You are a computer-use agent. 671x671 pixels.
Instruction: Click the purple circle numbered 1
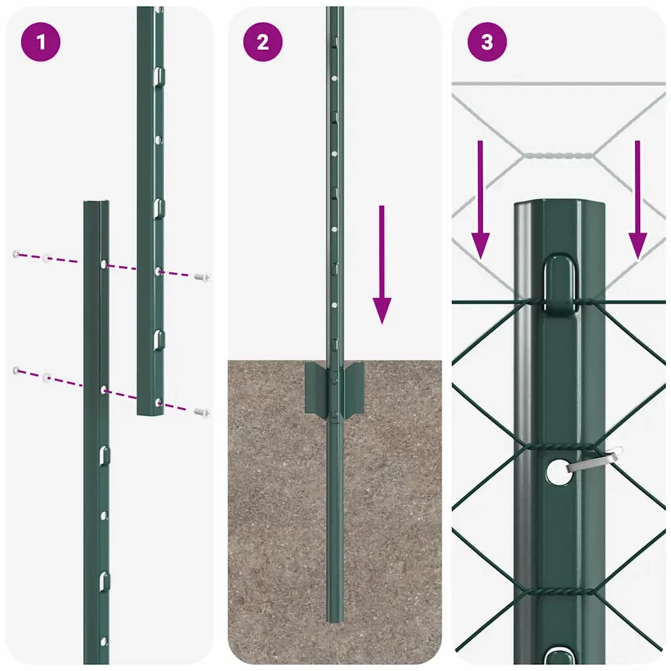click(x=41, y=43)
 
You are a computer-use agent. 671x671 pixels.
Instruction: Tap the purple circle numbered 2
click(x=263, y=43)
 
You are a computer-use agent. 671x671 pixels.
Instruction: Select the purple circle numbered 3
click(x=487, y=43)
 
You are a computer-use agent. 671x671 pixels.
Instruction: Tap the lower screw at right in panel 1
click(x=202, y=412)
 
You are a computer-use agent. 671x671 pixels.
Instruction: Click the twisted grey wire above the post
click(x=558, y=156)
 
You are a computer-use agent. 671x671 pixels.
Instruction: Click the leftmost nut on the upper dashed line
click(x=16, y=254)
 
